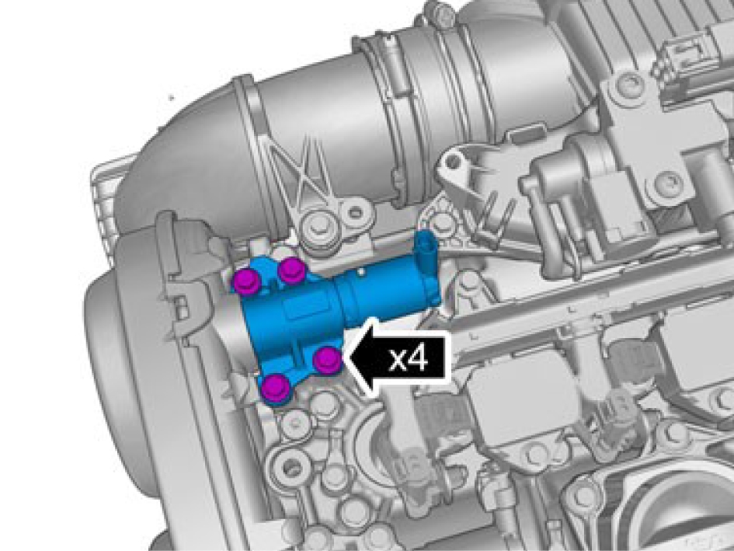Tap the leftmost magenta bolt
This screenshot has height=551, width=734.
tap(247, 281)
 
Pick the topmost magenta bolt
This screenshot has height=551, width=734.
tap(291, 270)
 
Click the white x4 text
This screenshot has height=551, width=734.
tap(409, 360)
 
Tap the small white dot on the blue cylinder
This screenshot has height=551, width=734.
tap(361, 270)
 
